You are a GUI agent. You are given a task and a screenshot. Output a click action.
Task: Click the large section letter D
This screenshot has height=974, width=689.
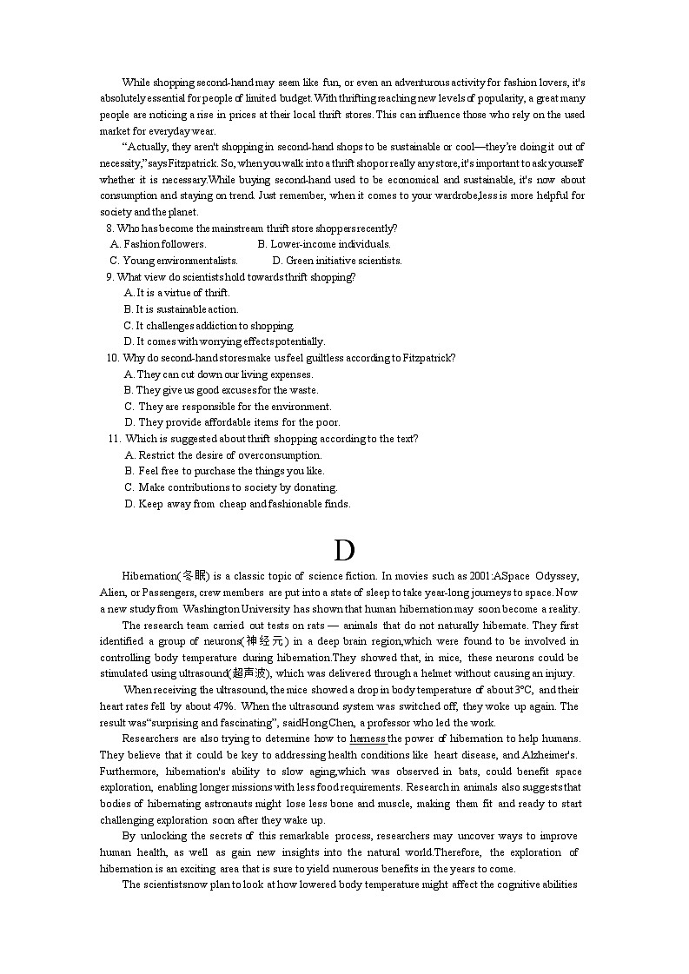click(344, 551)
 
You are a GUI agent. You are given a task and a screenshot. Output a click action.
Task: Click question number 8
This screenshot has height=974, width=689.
click(109, 229)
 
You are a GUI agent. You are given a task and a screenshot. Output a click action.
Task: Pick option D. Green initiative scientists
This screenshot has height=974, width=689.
click(336, 261)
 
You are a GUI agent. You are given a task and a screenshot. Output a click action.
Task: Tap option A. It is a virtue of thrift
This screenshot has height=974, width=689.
click(176, 293)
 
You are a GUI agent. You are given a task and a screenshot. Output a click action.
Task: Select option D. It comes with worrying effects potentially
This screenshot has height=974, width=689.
click(224, 341)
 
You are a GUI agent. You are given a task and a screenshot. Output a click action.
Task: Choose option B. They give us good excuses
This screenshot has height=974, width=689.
click(221, 390)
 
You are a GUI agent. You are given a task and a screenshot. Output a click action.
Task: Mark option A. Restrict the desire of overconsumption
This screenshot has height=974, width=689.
click(223, 455)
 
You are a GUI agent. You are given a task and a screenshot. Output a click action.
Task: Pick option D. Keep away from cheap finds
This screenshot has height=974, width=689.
click(237, 504)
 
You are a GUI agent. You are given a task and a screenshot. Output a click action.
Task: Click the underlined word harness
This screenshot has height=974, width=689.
click(368, 739)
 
